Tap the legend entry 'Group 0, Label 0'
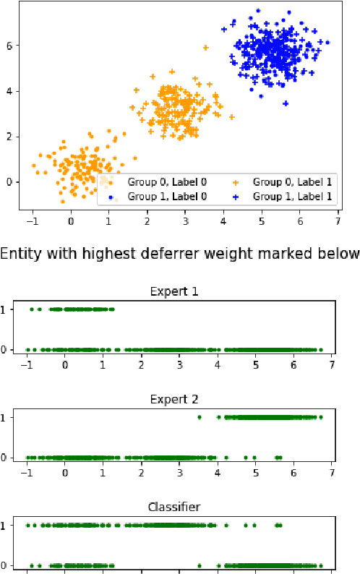pyautogui.click(x=166, y=182)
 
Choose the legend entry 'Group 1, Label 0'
pyautogui.click(x=166, y=196)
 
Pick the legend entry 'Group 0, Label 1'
pyautogui.click(x=293, y=182)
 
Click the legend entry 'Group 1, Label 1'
pyautogui.click(x=293, y=196)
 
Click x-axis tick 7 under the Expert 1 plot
pyautogui.click(x=332, y=366)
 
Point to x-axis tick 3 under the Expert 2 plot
pyautogui.click(x=179, y=474)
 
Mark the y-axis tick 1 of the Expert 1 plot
pyautogui.click(x=7, y=309)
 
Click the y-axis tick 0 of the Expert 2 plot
pyautogui.click(x=7, y=458)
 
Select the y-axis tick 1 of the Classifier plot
pyautogui.click(x=7, y=526)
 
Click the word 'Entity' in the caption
pyautogui.click(x=20, y=254)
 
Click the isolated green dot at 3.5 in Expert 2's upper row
pyautogui.click(x=199, y=417)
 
